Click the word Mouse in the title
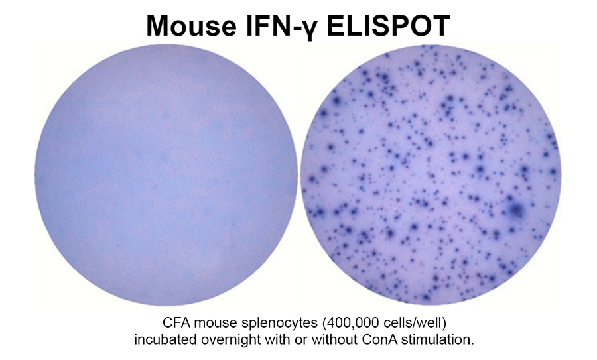pyautogui.click(x=191, y=26)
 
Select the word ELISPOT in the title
pyautogui.click(x=388, y=26)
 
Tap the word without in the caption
pyautogui.click(x=334, y=339)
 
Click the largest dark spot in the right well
pyautogui.click(x=516, y=210)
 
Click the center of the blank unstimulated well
pyautogui.click(x=166, y=176)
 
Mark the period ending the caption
pyautogui.click(x=472, y=344)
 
